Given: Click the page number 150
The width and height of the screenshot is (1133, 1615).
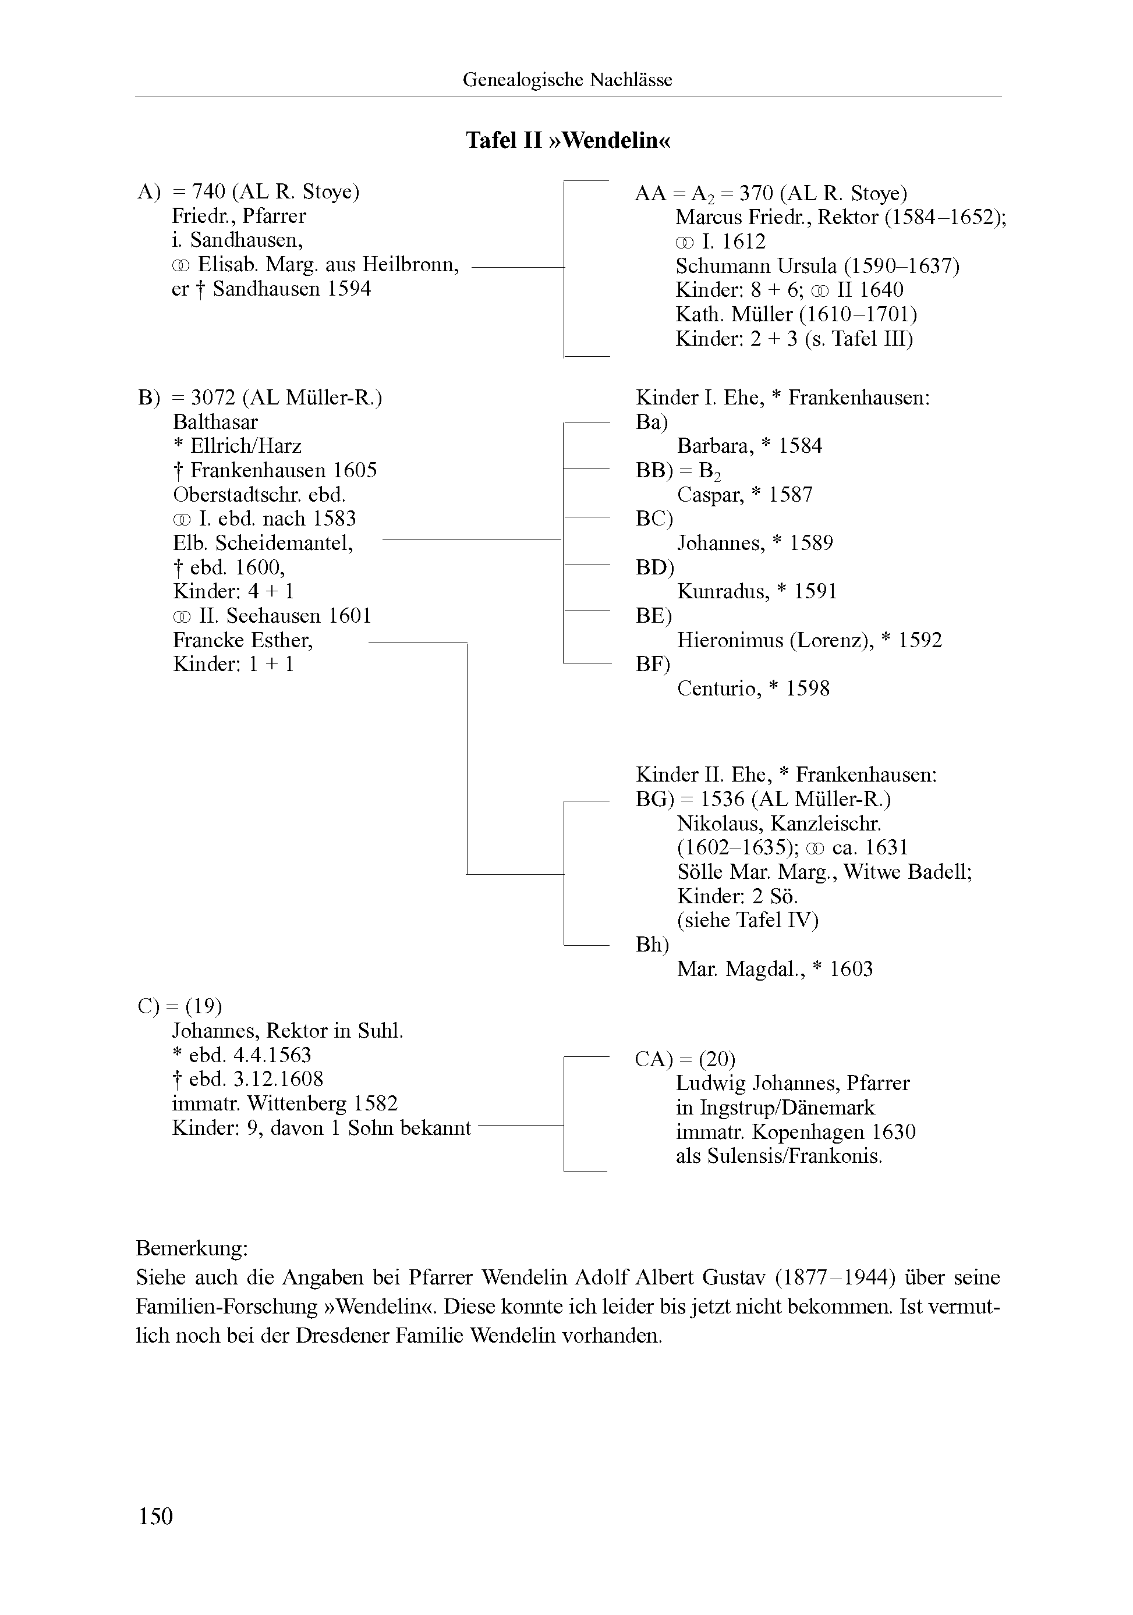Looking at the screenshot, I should pyautogui.click(x=155, y=1516).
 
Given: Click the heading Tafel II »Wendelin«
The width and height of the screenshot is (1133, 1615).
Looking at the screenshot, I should pyautogui.click(x=568, y=141).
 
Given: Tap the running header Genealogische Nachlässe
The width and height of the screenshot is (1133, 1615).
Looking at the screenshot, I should pyautogui.click(x=567, y=80).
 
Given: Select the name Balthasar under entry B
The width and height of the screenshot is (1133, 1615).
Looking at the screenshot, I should pyautogui.click(x=215, y=422).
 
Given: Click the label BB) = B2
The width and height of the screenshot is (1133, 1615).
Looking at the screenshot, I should pyautogui.click(x=678, y=471).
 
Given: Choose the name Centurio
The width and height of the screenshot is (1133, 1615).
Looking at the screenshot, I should pyautogui.click(x=719, y=688).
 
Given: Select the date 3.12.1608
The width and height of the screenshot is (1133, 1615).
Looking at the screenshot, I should pyautogui.click(x=256, y=1079).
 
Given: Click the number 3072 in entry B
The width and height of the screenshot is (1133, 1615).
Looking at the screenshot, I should pyautogui.click(x=214, y=398).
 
